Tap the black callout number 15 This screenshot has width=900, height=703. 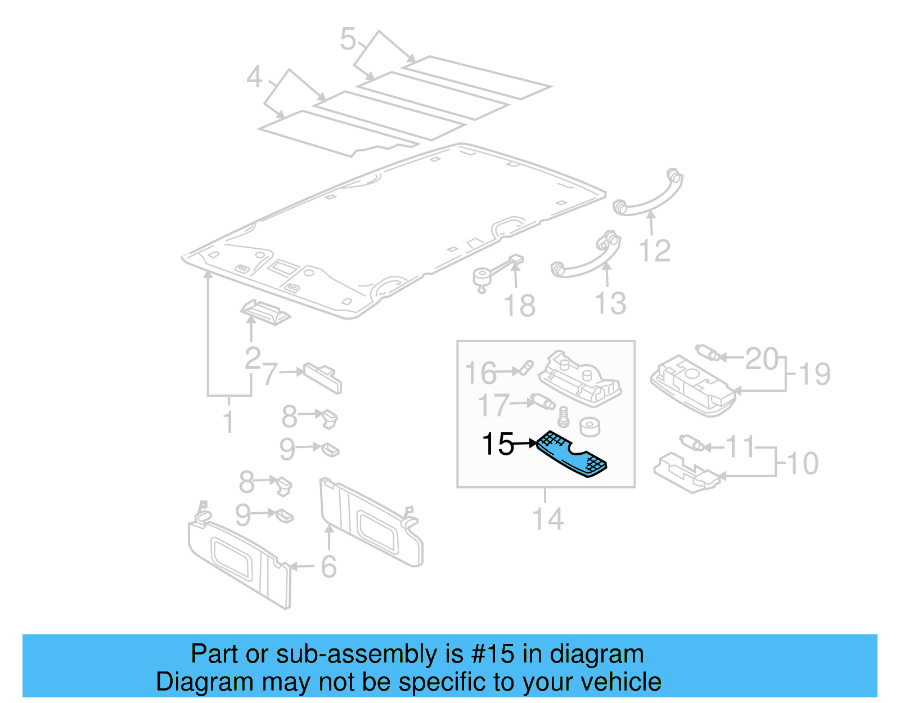498,444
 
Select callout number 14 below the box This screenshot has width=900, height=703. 547,519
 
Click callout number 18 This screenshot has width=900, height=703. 519,306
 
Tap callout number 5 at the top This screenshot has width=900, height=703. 348,39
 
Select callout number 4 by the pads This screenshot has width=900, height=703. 254,77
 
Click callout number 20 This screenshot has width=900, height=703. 761,359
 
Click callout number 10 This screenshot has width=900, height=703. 802,464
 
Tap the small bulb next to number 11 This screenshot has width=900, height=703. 692,442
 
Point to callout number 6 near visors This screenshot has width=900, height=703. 328,566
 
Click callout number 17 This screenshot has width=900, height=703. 493,405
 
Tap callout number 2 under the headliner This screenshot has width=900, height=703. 253,357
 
